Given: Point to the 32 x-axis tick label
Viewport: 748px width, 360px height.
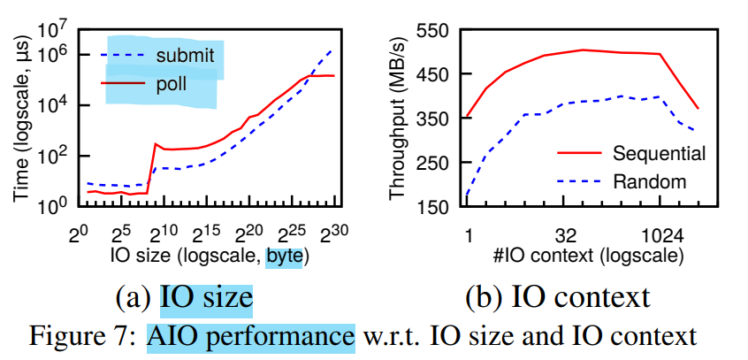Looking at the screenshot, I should point(566,236).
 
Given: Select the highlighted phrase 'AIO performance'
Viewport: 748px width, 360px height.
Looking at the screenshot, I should point(251,337).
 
